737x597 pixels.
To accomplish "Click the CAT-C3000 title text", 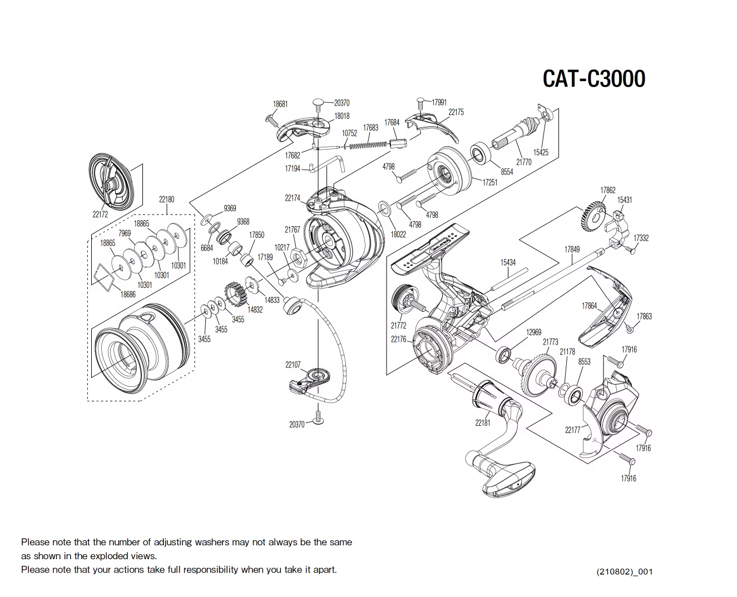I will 593,78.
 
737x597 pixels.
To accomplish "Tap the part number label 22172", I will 100,214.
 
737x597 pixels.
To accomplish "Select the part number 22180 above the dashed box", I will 166,199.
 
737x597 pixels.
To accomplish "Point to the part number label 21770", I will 523,162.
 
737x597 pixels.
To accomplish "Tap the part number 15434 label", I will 507,262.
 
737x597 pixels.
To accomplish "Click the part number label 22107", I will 293,365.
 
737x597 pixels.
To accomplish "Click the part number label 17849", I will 572,249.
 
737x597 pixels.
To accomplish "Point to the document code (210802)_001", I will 624,571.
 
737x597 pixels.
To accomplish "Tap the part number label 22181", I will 482,423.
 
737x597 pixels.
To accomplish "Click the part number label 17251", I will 489,182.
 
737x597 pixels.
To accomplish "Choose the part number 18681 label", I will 280,104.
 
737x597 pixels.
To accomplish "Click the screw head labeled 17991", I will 421,102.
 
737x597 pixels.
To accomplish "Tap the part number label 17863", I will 644,316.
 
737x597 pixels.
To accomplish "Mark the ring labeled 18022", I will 384,208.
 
